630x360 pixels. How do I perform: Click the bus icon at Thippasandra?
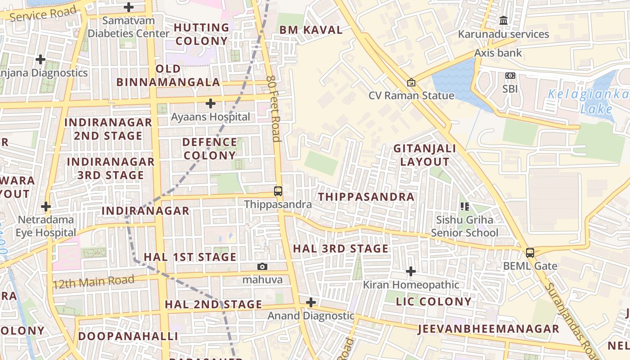(x=278, y=191)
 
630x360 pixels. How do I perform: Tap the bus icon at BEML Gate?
(x=530, y=253)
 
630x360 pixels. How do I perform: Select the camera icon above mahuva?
(x=262, y=267)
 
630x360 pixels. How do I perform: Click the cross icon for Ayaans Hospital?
(x=210, y=104)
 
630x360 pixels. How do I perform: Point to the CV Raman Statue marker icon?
(x=411, y=83)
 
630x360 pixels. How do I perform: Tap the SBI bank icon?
(x=510, y=76)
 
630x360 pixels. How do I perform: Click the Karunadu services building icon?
(x=504, y=21)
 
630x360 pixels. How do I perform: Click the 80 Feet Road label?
(x=274, y=108)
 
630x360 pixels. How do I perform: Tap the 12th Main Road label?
(x=93, y=282)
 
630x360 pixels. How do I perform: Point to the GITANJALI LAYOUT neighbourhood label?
(x=424, y=155)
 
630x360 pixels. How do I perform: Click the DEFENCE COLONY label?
(x=210, y=149)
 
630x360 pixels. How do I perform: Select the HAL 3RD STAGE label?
(x=341, y=249)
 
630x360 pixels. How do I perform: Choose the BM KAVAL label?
(x=311, y=30)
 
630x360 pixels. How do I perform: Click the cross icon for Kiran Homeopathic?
(x=410, y=272)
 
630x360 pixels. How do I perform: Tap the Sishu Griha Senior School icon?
(x=465, y=207)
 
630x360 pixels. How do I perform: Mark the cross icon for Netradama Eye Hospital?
(x=45, y=207)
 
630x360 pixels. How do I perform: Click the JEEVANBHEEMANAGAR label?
(x=488, y=329)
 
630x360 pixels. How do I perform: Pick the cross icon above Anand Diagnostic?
(x=310, y=302)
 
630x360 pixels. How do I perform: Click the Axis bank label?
(x=498, y=53)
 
